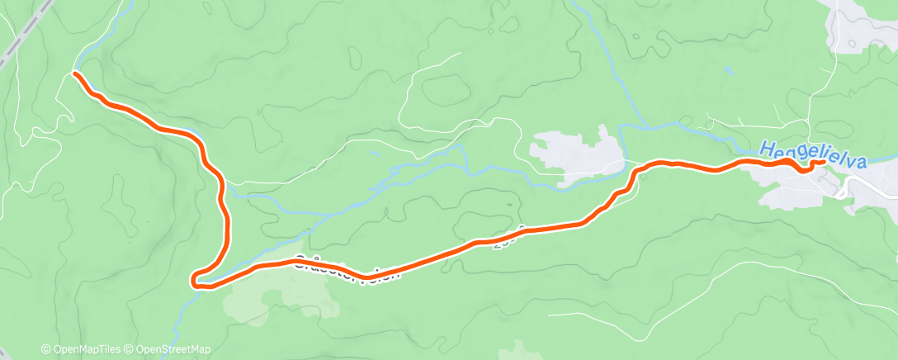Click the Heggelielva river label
point(812,154)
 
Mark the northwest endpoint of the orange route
point(76,74)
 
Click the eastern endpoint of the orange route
point(823,162)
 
